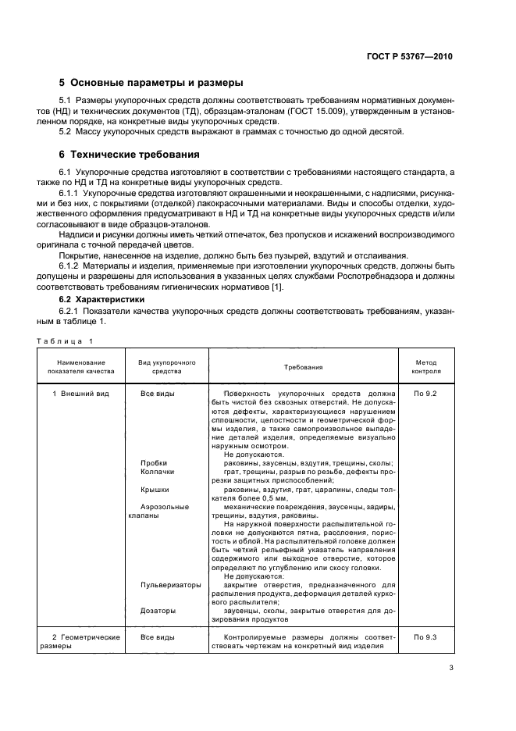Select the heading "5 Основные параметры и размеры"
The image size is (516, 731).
coord(151,83)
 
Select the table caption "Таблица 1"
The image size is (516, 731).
coord(65,341)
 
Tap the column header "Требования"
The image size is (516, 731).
coord(304,367)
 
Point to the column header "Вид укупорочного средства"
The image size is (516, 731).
coord(167,367)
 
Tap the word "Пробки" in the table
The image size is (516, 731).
coord(154,463)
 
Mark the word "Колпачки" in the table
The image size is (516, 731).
coord(158,472)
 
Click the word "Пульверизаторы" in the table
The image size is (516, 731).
coord(171,585)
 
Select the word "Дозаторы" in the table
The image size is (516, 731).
coord(158,611)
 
